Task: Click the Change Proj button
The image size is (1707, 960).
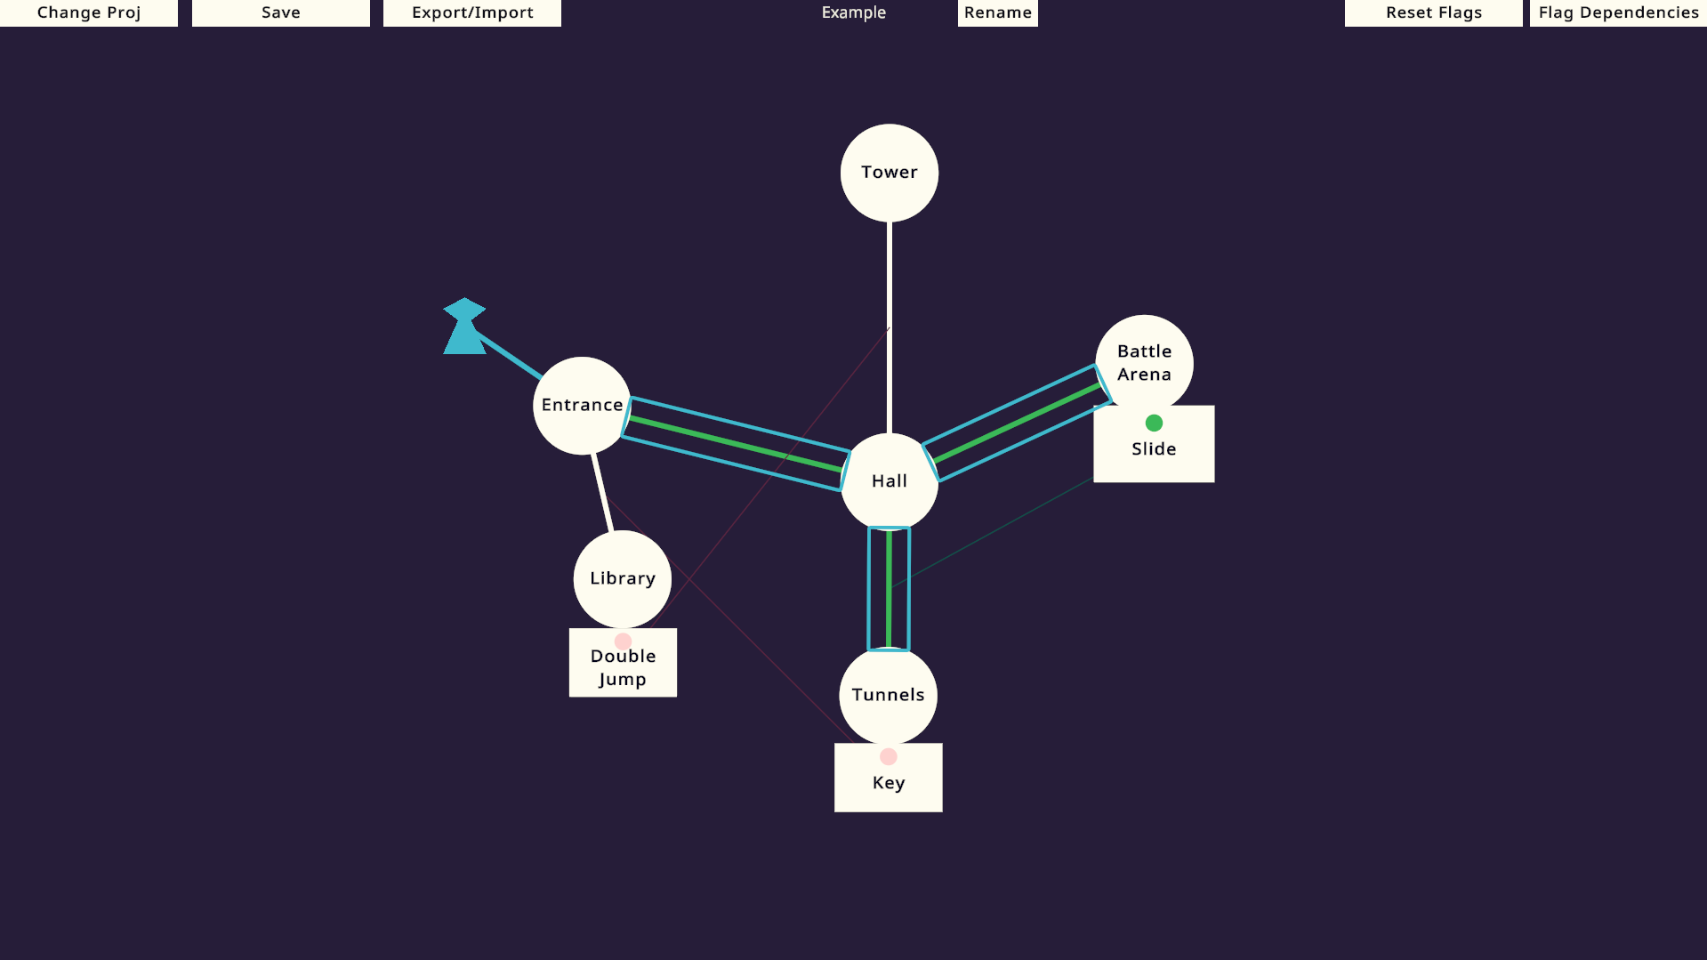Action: click(x=89, y=12)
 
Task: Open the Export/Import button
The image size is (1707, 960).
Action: click(x=472, y=12)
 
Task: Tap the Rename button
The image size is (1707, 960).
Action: click(x=998, y=12)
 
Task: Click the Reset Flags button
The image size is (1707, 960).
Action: click(x=1434, y=12)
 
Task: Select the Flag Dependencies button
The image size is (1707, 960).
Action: click(x=1619, y=12)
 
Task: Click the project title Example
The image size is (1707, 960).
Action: click(x=854, y=12)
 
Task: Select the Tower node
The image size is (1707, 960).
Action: click(x=890, y=173)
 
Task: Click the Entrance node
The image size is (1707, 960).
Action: click(x=582, y=406)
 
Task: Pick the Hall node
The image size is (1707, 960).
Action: click(x=890, y=481)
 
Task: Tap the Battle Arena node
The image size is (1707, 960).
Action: click(x=1145, y=363)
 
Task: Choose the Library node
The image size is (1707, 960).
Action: click(x=623, y=579)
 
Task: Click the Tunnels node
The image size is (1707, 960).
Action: click(x=889, y=695)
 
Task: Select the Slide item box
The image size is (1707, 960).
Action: click(x=1154, y=444)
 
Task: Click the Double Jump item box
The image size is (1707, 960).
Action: click(x=623, y=663)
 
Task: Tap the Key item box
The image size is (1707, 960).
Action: click(x=889, y=778)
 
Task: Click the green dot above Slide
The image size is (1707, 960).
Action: click(x=1154, y=423)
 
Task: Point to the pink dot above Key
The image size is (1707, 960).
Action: click(x=889, y=757)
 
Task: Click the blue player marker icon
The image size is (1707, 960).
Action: click(x=464, y=326)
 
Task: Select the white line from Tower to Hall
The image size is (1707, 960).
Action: click(x=890, y=327)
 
